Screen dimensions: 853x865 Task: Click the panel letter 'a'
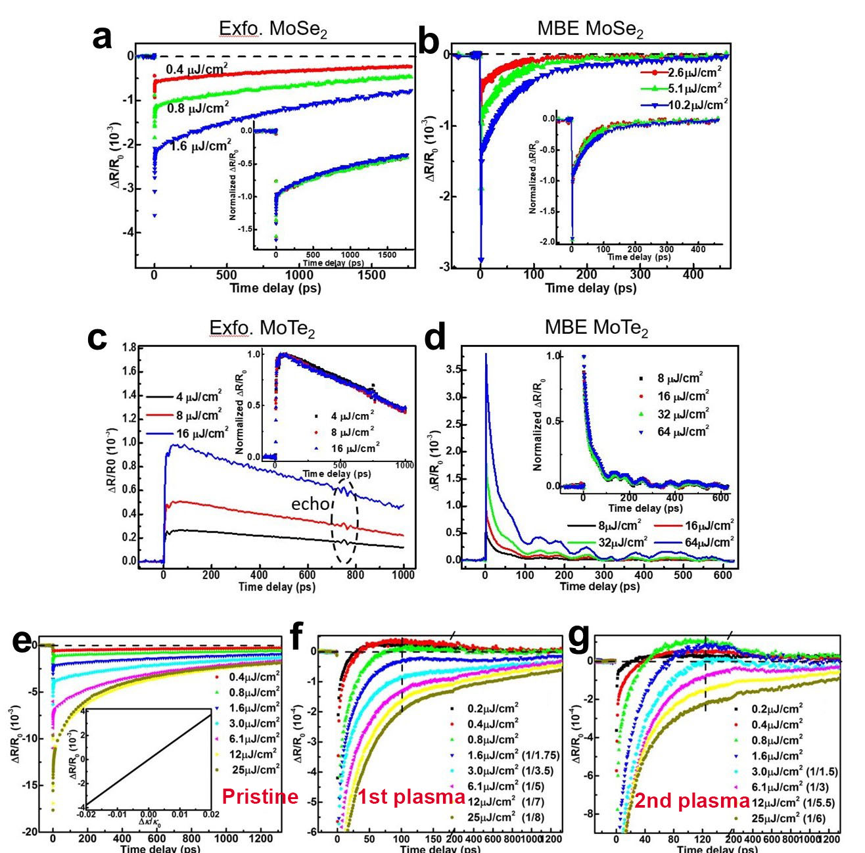coord(103,37)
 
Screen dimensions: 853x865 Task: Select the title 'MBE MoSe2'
coord(590,30)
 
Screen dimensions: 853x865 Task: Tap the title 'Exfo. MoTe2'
coord(262,328)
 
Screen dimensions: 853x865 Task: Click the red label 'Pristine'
coord(260,797)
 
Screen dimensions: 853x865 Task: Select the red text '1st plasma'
coord(411,798)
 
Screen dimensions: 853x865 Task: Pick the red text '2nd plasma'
coord(691,801)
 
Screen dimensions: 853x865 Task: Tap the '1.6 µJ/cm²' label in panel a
coord(200,145)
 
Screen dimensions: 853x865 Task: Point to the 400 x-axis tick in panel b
coord(693,275)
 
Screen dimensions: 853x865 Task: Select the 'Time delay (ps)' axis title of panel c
coord(277,587)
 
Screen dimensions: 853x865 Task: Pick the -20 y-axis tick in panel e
coord(29,832)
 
